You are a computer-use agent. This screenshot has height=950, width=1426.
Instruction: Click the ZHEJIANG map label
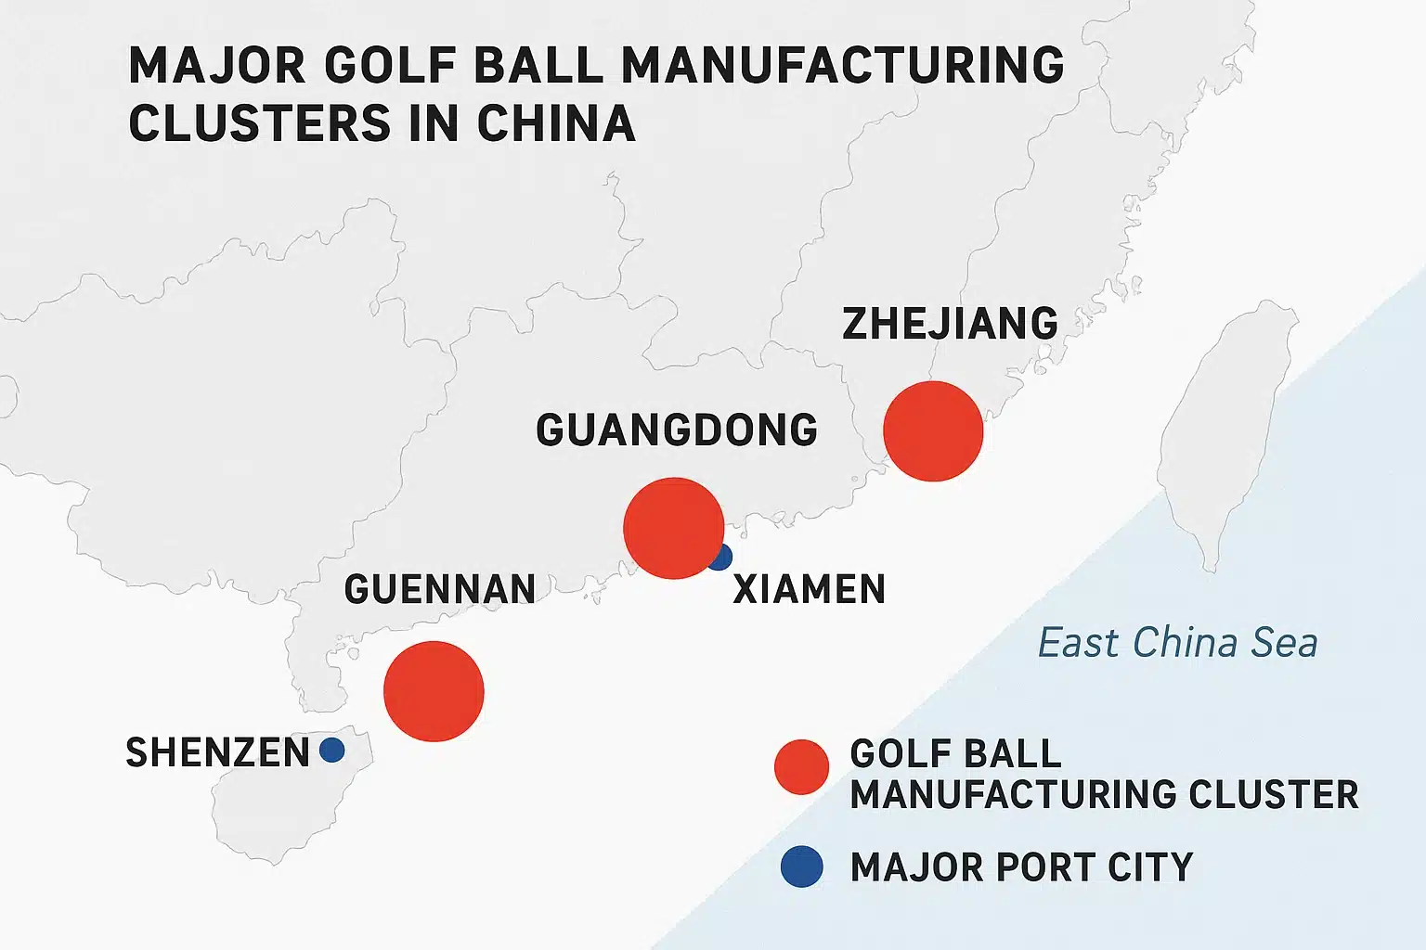(x=950, y=324)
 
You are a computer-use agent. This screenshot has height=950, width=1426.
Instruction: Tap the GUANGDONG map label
(x=677, y=430)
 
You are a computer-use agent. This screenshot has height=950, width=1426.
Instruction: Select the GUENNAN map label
(x=440, y=589)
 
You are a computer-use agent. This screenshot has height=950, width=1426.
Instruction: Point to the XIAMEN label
(x=810, y=590)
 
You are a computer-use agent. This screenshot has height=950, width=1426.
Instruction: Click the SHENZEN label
(x=218, y=752)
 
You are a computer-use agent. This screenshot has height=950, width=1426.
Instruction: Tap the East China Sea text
(x=1177, y=643)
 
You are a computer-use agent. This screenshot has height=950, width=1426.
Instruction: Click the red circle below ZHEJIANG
(x=933, y=431)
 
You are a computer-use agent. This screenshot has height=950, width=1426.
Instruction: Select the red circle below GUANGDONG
(x=673, y=528)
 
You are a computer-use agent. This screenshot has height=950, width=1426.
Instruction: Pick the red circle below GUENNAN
(x=434, y=691)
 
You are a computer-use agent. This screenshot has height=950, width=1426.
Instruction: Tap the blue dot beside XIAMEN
(x=721, y=558)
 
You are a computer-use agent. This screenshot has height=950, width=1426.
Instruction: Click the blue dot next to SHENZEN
(x=331, y=750)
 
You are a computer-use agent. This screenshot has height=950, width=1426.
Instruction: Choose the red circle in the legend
(x=801, y=767)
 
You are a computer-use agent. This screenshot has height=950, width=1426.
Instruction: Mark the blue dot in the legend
(x=801, y=867)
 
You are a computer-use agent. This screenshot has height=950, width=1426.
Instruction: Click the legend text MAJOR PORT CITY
(x=1021, y=867)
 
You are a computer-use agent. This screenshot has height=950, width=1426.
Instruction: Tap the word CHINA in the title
(x=556, y=123)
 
